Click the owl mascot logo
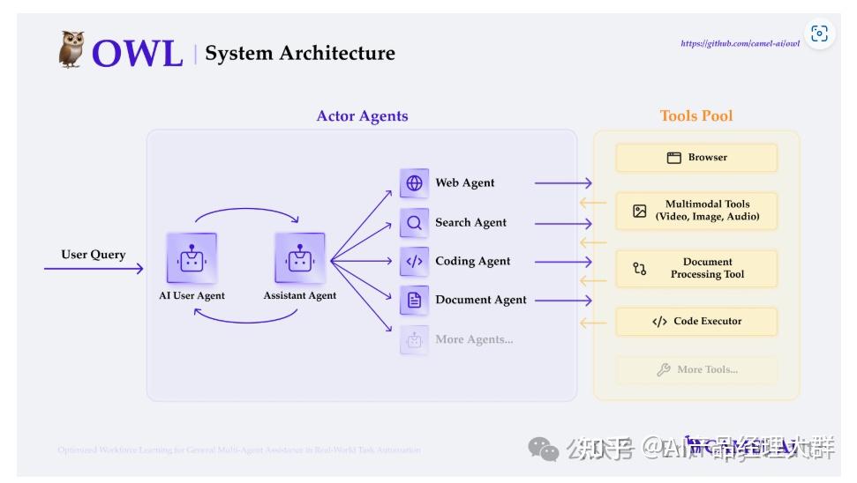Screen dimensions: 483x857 (x=71, y=49)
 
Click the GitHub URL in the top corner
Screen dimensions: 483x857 (x=740, y=43)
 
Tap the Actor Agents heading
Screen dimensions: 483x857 (x=362, y=116)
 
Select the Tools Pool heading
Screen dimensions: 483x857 (x=696, y=116)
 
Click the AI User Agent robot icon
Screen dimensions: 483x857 (x=192, y=258)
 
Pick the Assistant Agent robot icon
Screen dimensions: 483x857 (x=300, y=258)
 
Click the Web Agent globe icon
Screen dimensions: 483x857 (x=414, y=183)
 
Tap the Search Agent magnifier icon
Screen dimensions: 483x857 (x=414, y=223)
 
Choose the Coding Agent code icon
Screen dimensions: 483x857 (x=414, y=262)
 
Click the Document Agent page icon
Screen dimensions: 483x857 (x=414, y=301)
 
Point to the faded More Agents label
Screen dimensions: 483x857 (x=474, y=339)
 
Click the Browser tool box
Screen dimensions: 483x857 (x=696, y=158)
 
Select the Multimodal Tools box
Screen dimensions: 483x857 (x=696, y=211)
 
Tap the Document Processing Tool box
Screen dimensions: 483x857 (x=696, y=269)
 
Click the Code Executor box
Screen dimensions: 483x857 (x=696, y=322)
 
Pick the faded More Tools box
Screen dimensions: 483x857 (x=696, y=370)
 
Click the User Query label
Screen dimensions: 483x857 (x=94, y=255)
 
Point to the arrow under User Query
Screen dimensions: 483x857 (x=94, y=269)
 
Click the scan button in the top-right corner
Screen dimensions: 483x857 (x=819, y=33)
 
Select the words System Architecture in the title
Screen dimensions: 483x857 (x=300, y=54)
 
